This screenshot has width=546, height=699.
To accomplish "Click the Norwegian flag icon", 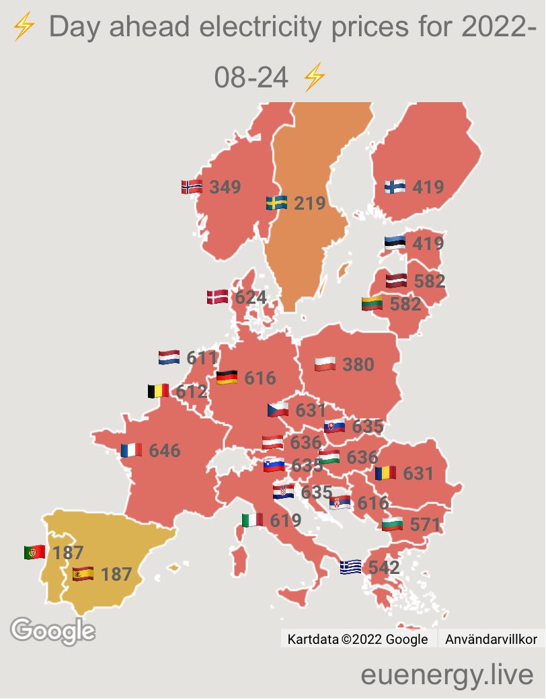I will [x=192, y=187].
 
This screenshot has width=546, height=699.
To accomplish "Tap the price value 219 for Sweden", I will [x=310, y=202].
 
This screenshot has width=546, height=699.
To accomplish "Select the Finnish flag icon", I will [x=395, y=187].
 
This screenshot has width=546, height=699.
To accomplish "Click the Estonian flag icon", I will [x=395, y=243].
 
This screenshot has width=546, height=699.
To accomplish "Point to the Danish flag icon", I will [x=217, y=297].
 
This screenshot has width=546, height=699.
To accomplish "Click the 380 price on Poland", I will [x=358, y=365].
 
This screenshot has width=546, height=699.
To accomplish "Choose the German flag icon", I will [x=227, y=378].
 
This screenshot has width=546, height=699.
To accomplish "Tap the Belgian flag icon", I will [x=159, y=390].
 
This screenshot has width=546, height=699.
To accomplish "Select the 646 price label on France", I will [x=165, y=450].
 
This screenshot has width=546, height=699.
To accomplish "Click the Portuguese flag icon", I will [x=34, y=552].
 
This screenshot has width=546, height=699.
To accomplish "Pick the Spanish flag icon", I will [x=83, y=575].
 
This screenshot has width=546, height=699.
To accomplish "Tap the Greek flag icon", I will [x=350, y=567].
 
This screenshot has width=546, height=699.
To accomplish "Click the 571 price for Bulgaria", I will [x=424, y=524].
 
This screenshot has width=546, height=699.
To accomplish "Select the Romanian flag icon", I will [x=386, y=473].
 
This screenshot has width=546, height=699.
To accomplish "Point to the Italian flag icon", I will [x=252, y=520].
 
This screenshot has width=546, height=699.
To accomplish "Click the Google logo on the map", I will [x=52, y=630].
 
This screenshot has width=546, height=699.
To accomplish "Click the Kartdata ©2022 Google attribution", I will [x=357, y=639].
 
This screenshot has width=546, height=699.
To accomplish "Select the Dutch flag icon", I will [x=169, y=358].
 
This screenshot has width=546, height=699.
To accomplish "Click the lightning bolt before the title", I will [x=24, y=28].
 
